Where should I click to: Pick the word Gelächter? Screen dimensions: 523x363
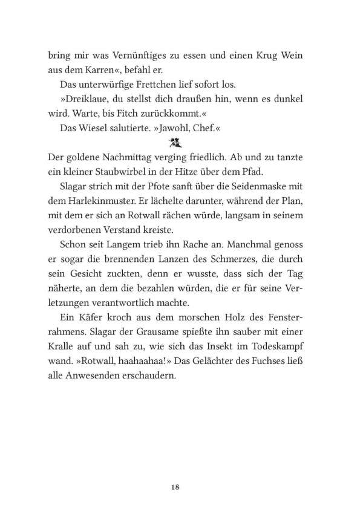pyautogui.click(x=227, y=362)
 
